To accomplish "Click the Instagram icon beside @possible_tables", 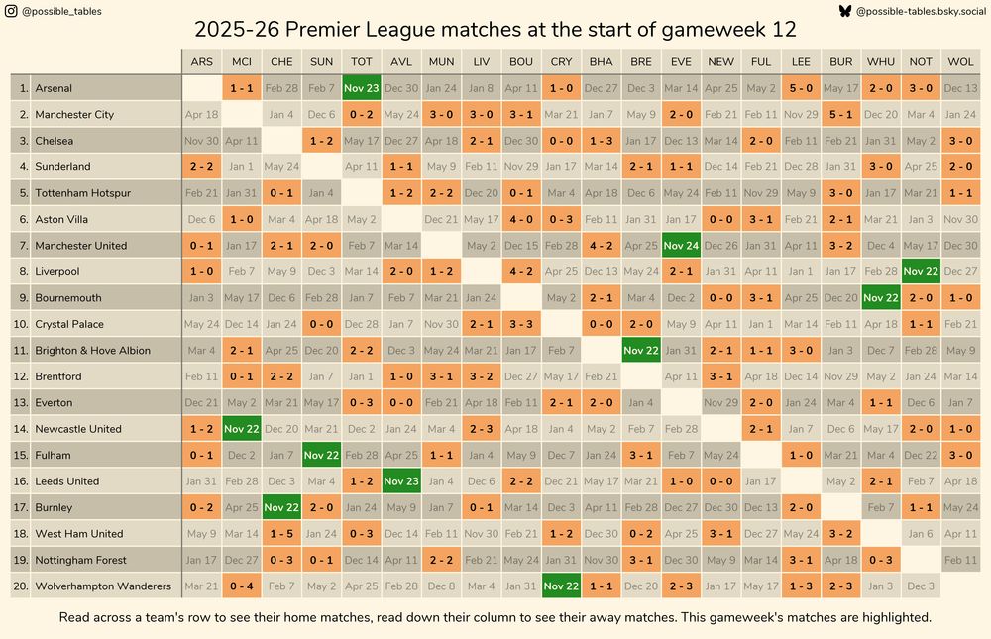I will point(10,11).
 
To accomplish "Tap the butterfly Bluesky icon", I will point(844,11).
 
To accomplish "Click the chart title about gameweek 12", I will point(495,30).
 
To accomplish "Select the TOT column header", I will point(362,61).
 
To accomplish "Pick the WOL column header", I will point(960,61).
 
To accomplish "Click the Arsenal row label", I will point(54,88).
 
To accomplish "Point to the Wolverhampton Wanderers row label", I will point(103,586).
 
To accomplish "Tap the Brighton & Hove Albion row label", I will point(93,351).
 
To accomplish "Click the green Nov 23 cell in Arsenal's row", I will point(362,88).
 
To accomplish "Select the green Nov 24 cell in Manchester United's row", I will point(681,246).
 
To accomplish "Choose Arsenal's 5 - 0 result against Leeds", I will point(801,88).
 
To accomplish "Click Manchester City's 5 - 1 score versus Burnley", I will point(840,115).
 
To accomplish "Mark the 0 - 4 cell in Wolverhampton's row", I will point(242,586).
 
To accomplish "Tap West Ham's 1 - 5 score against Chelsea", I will point(281,534).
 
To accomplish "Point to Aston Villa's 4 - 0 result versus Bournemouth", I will point(521,219).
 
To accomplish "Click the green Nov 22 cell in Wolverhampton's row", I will point(561,586).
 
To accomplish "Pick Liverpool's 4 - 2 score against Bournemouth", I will point(521,271).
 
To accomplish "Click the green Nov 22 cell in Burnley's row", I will point(281,507).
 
